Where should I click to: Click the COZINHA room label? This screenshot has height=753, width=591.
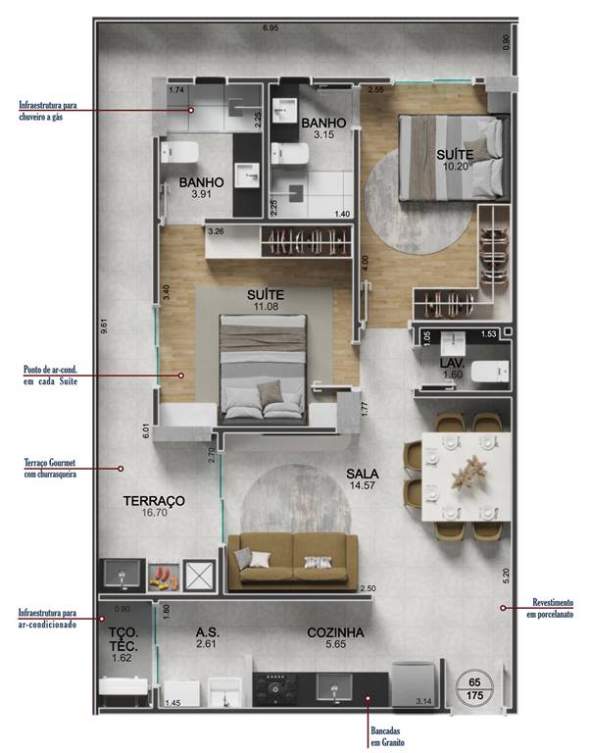tap(335, 632)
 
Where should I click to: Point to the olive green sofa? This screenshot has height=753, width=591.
tap(291, 562)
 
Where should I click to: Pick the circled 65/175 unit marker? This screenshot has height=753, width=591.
tap(474, 687)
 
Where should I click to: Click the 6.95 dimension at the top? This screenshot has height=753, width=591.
tap(270, 27)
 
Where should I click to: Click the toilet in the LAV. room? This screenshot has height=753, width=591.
tap(487, 372)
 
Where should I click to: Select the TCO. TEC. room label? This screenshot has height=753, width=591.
tap(123, 639)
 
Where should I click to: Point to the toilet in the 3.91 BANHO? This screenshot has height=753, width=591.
tap(180, 152)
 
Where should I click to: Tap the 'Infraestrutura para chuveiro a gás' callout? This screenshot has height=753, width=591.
tap(55, 111)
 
